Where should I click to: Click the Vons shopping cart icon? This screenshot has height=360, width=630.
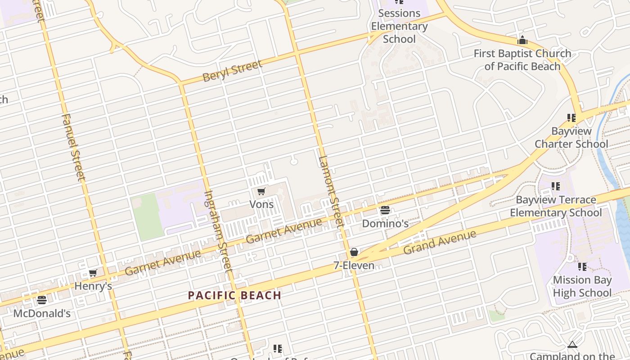pyautogui.click(x=261, y=192)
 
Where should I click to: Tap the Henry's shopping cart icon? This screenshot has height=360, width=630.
pyautogui.click(x=93, y=273)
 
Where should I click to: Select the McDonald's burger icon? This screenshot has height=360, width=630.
pyautogui.click(x=42, y=300)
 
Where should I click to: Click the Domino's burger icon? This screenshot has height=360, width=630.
pyautogui.click(x=385, y=210)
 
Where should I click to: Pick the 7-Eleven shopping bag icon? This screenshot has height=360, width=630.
pyautogui.click(x=354, y=252)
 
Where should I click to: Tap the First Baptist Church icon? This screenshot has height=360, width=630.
pyautogui.click(x=522, y=40)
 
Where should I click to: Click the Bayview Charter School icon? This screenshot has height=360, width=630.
pyautogui.click(x=571, y=118)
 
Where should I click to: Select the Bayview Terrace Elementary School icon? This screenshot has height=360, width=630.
pyautogui.click(x=556, y=186)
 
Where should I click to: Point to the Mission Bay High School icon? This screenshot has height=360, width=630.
pyautogui.click(x=582, y=267)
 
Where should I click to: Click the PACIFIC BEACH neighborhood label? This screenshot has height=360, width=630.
pyautogui.click(x=234, y=296)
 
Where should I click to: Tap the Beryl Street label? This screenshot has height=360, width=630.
pyautogui.click(x=232, y=71)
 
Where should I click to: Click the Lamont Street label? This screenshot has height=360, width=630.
pyautogui.click(x=331, y=191)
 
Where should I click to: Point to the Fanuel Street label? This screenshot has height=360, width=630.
pyautogui.click(x=73, y=147)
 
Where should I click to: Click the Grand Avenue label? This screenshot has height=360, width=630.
pyautogui.click(x=439, y=242)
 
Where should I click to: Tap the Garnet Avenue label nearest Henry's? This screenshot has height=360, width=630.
pyautogui.click(x=163, y=262)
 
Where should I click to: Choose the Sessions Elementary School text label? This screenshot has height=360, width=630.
pyautogui.click(x=399, y=26)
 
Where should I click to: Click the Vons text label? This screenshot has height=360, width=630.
pyautogui.click(x=261, y=204)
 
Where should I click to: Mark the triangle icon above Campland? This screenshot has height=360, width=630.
pyautogui.click(x=572, y=345)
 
